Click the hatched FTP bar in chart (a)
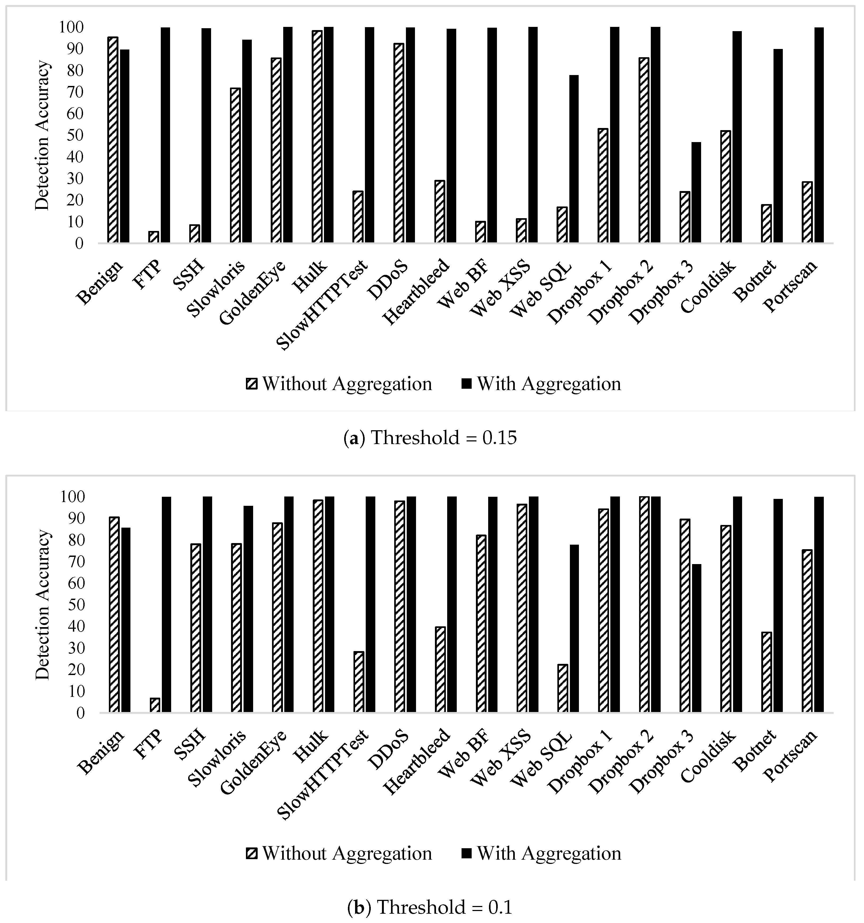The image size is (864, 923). (x=153, y=237)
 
